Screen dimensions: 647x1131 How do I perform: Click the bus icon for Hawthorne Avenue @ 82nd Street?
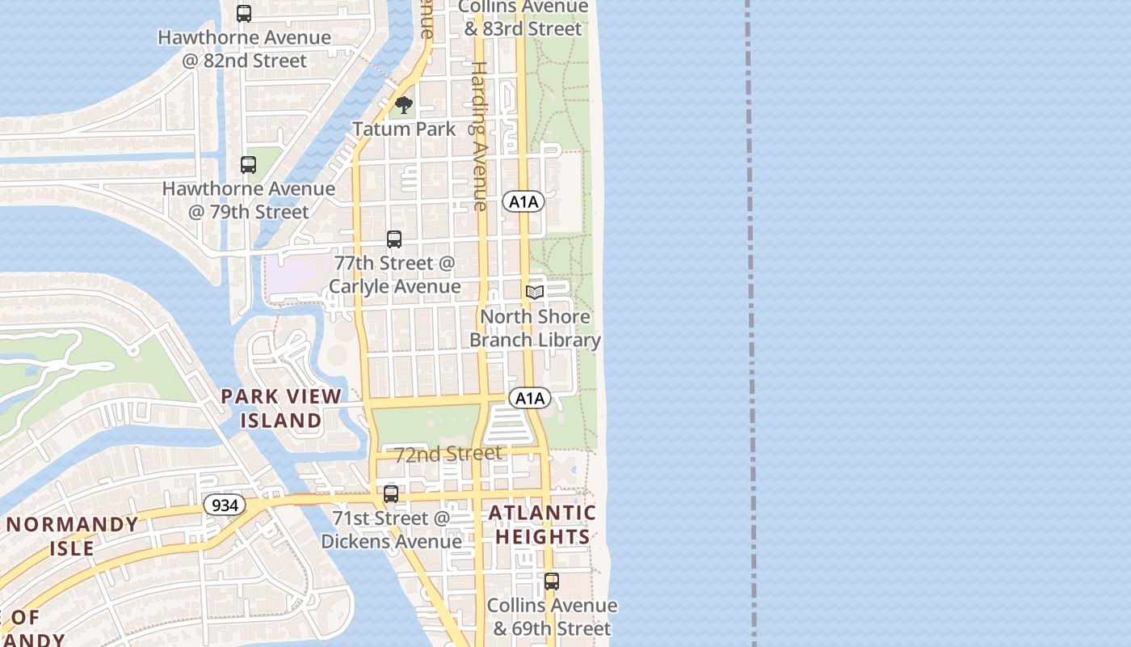(244, 14)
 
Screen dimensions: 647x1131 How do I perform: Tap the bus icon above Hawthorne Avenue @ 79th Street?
(249, 165)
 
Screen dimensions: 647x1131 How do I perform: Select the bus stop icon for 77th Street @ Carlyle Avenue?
(394, 239)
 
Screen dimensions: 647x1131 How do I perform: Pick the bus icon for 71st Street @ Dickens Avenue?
(391, 494)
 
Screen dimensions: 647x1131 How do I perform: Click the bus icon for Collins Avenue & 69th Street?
(552, 581)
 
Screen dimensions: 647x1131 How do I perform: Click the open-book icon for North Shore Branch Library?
(535, 292)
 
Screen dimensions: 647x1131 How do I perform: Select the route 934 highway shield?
(223, 505)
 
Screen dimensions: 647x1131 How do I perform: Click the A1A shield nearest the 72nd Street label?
(530, 398)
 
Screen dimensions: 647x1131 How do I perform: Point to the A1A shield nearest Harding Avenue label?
(523, 201)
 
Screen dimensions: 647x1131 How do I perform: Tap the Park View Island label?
(281, 408)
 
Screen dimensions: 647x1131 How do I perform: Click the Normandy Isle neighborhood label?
(73, 536)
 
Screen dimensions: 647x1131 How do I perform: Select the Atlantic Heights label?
(542, 525)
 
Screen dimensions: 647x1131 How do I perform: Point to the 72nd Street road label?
(448, 454)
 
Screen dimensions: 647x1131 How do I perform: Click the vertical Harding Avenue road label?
(479, 136)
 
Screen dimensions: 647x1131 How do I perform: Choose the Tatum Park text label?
(404, 129)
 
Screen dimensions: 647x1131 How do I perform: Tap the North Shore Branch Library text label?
(535, 328)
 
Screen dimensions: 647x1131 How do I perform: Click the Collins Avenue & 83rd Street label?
(523, 18)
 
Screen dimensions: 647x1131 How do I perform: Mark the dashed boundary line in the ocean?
(750, 323)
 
